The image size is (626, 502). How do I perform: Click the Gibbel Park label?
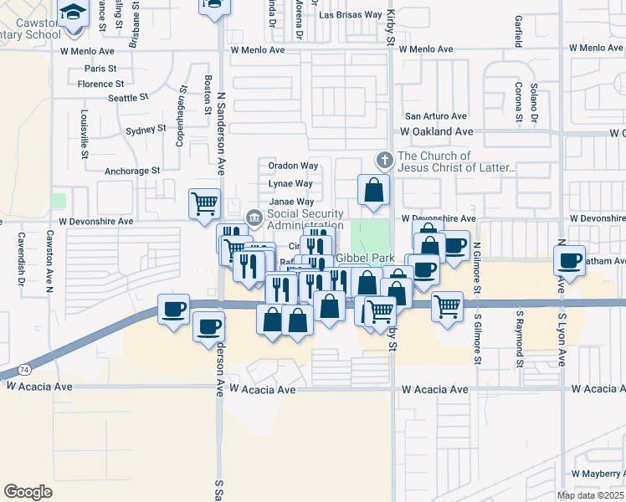click(364, 259)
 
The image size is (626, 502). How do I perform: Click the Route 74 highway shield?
click(23, 369)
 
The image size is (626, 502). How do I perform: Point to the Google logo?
click(28, 492)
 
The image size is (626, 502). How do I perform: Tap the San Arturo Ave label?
click(435, 116)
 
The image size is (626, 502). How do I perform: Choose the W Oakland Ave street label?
click(436, 132)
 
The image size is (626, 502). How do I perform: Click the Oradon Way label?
click(293, 166)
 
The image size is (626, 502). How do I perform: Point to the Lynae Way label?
click(290, 184)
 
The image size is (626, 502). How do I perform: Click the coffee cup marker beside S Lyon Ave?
click(571, 259)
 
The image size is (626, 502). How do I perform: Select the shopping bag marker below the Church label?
click(373, 190)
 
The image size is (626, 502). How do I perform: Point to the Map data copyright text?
click(591, 495)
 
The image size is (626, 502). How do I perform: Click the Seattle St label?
click(128, 98)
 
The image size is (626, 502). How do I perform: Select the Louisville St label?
click(85, 134)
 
